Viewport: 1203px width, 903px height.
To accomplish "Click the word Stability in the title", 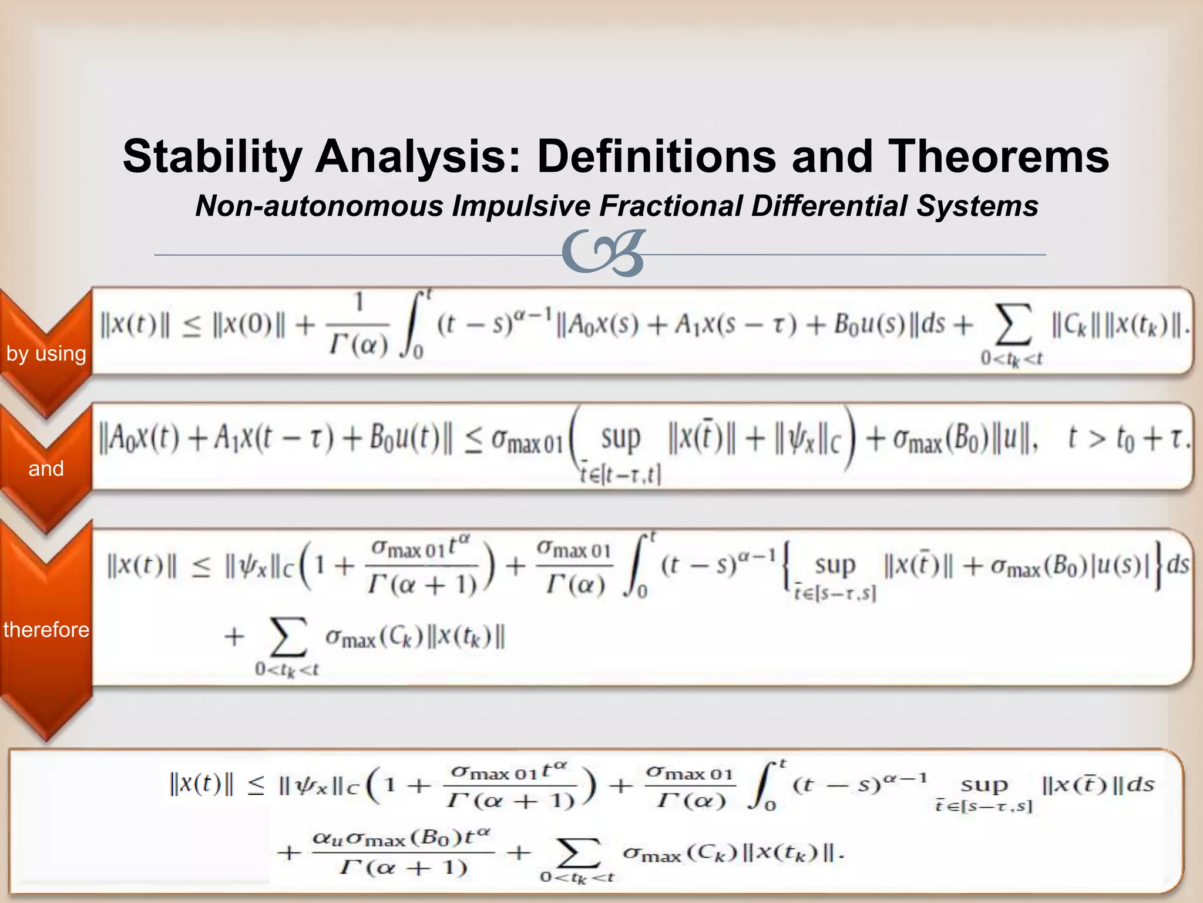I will (x=211, y=157).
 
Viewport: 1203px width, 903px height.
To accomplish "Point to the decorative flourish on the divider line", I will (x=604, y=253).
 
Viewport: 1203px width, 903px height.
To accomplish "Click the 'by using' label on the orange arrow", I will (x=46, y=354).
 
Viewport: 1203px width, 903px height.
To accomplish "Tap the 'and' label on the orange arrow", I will (x=46, y=469).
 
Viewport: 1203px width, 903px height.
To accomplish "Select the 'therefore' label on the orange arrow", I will (x=46, y=630).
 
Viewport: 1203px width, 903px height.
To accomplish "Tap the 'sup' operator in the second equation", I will (x=620, y=439).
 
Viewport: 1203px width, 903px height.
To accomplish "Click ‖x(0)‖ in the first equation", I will (x=249, y=325).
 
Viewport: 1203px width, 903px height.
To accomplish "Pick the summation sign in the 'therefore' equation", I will (x=288, y=637).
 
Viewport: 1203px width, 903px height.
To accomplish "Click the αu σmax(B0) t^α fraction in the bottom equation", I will (x=403, y=852).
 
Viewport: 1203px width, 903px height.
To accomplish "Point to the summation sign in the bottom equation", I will (x=578, y=852).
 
